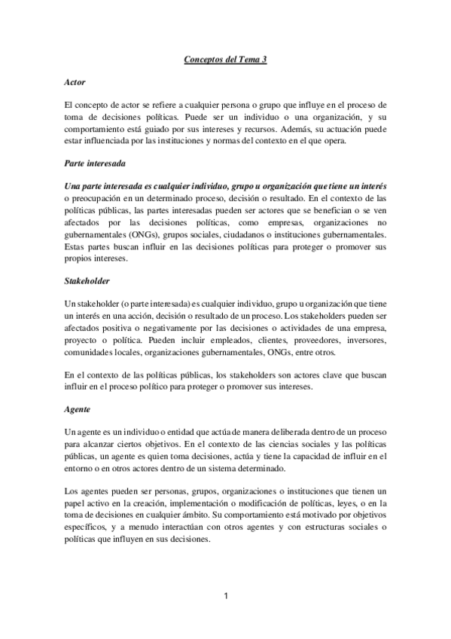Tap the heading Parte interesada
click(94, 163)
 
